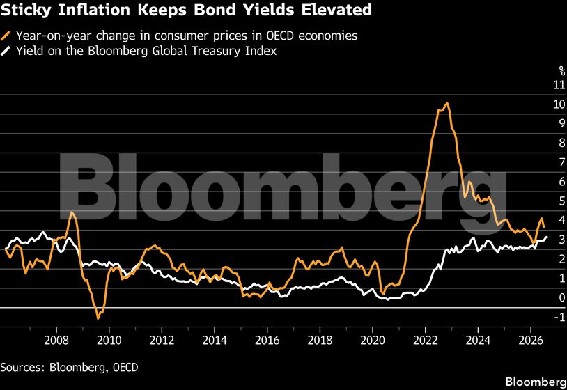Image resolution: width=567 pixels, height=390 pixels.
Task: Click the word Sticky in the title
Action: pyautogui.click(x=26, y=10)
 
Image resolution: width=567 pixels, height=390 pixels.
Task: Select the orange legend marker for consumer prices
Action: pyautogui.click(x=6, y=36)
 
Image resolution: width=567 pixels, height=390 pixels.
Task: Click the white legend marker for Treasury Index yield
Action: pyautogui.click(x=6, y=51)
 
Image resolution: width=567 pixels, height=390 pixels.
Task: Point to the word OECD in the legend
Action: pyautogui.click(x=280, y=36)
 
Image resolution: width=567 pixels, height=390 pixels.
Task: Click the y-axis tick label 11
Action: pyautogui.click(x=559, y=84)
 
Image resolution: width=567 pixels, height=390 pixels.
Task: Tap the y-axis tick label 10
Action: pyautogui.click(x=559, y=104)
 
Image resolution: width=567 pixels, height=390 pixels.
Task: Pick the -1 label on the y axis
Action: pyautogui.click(x=559, y=317)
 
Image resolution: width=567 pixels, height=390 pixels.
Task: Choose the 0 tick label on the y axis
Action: pyautogui.click(x=562, y=297)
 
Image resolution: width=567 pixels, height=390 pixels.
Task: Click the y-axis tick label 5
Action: pyautogui.click(x=562, y=201)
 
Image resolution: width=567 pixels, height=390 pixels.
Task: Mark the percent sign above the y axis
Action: pyautogui.click(x=562, y=70)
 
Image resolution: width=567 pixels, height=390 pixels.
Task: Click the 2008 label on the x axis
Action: pyautogui.click(x=56, y=340)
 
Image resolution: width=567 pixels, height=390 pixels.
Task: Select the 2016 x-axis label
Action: pyautogui.click(x=267, y=340)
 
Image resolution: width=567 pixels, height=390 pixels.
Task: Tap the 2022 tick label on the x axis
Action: pyautogui.click(x=425, y=340)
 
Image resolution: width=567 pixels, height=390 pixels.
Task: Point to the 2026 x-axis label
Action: pyautogui.click(x=531, y=340)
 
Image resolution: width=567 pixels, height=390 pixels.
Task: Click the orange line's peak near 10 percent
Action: pyautogui.click(x=447, y=103)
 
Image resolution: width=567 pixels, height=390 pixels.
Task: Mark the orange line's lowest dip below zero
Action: pyautogui.click(x=98, y=318)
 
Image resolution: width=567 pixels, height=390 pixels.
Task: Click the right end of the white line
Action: pyautogui.click(x=547, y=237)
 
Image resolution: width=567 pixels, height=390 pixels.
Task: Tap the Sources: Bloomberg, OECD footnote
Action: pyautogui.click(x=69, y=368)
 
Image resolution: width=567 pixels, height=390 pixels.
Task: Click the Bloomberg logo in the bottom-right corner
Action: pyautogui.click(x=536, y=382)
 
